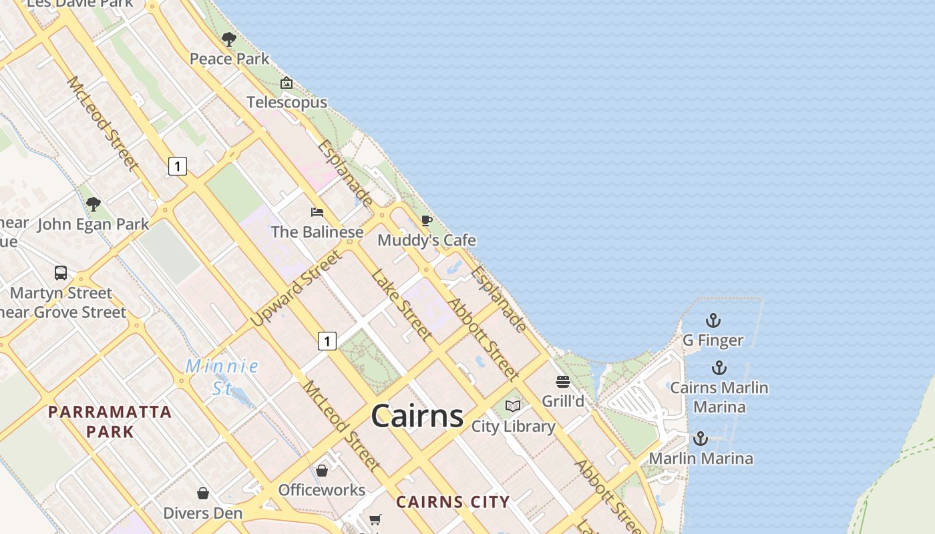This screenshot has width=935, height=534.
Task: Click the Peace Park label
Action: (230, 59)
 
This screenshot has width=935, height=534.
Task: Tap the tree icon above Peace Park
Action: (229, 39)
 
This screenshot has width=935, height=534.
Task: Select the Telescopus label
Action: (287, 102)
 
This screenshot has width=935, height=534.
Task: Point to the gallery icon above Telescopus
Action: (287, 83)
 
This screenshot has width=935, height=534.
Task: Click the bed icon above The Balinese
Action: (317, 212)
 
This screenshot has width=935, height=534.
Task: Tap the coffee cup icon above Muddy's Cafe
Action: (427, 220)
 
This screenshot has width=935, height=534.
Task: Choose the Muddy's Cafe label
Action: (427, 240)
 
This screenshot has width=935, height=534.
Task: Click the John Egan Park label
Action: (93, 224)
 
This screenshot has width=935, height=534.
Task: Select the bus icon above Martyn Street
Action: (61, 273)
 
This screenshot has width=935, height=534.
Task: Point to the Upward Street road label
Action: (297, 288)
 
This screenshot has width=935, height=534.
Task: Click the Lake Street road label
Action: (402, 304)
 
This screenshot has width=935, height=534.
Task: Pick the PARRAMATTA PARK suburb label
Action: (110, 421)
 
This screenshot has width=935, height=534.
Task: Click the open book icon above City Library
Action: (513, 407)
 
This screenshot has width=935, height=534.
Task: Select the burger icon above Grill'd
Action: (563, 382)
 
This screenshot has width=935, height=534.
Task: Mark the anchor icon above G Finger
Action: (713, 321)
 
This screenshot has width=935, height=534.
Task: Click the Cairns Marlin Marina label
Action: (719, 397)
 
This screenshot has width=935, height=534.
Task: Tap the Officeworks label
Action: (321, 490)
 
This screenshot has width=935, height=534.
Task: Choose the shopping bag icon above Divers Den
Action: (203, 493)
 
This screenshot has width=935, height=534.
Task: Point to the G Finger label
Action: (713, 340)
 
